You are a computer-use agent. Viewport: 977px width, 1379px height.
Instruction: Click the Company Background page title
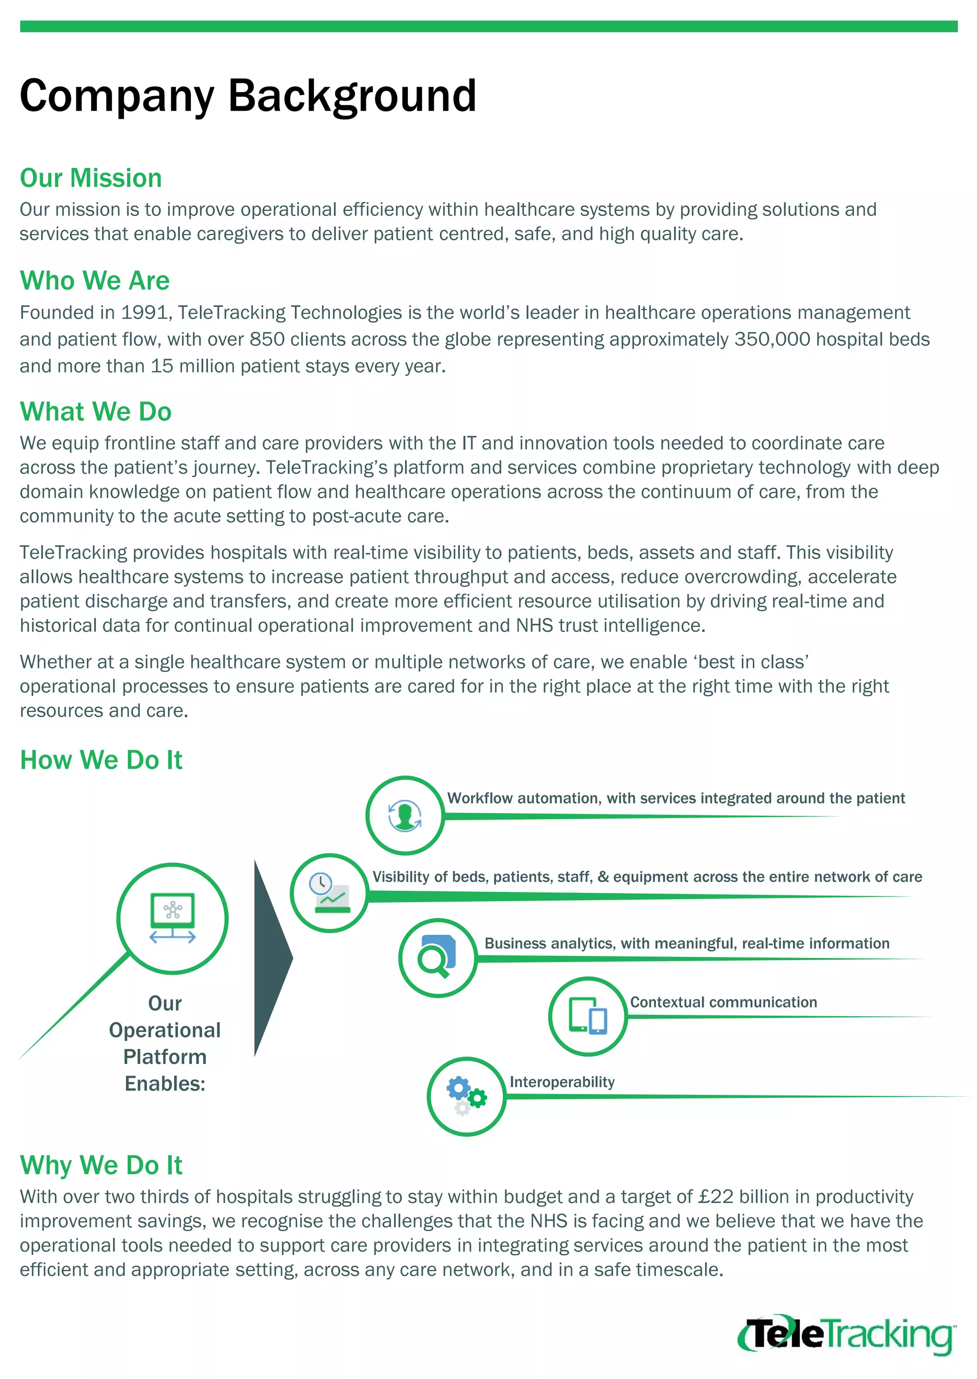[248, 96]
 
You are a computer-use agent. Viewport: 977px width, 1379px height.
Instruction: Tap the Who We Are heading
[94, 281]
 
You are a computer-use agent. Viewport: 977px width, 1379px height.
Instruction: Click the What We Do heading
[96, 412]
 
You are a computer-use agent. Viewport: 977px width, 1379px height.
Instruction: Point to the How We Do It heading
[101, 760]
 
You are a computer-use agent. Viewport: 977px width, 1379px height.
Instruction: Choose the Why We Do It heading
[101, 1165]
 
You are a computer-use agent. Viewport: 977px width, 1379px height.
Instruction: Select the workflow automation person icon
[405, 815]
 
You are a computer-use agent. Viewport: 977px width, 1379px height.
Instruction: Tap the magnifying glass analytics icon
[438, 957]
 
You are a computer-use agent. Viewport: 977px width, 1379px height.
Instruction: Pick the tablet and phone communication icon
[588, 1016]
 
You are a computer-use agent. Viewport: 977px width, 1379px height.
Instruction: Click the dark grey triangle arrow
[270, 957]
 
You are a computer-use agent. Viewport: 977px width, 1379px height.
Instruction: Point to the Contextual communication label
[723, 1002]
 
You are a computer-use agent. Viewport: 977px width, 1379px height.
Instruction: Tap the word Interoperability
[562, 1082]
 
